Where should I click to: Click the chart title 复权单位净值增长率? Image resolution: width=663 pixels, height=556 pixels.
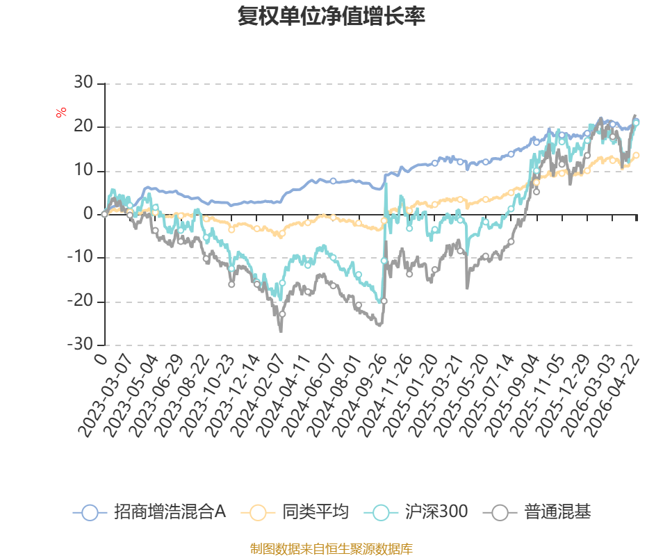331,16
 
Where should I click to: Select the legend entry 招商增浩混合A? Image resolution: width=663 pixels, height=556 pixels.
149,512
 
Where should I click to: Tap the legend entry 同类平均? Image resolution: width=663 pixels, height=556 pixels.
295,512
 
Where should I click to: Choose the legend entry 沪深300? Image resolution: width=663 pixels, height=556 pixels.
416,512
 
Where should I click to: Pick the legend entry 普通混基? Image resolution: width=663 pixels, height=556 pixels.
537,512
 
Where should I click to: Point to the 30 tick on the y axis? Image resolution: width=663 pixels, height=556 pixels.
83,83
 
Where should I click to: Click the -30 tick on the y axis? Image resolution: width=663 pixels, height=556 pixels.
80,345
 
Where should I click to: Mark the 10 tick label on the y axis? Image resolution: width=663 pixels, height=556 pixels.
83,170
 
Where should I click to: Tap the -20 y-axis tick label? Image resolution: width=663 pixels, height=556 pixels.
80,301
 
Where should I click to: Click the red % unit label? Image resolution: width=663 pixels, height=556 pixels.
61,113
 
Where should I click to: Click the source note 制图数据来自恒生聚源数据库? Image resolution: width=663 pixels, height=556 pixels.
331,549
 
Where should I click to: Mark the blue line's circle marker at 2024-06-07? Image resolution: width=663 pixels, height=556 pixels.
333,181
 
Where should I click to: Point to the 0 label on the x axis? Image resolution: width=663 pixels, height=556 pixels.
101,359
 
